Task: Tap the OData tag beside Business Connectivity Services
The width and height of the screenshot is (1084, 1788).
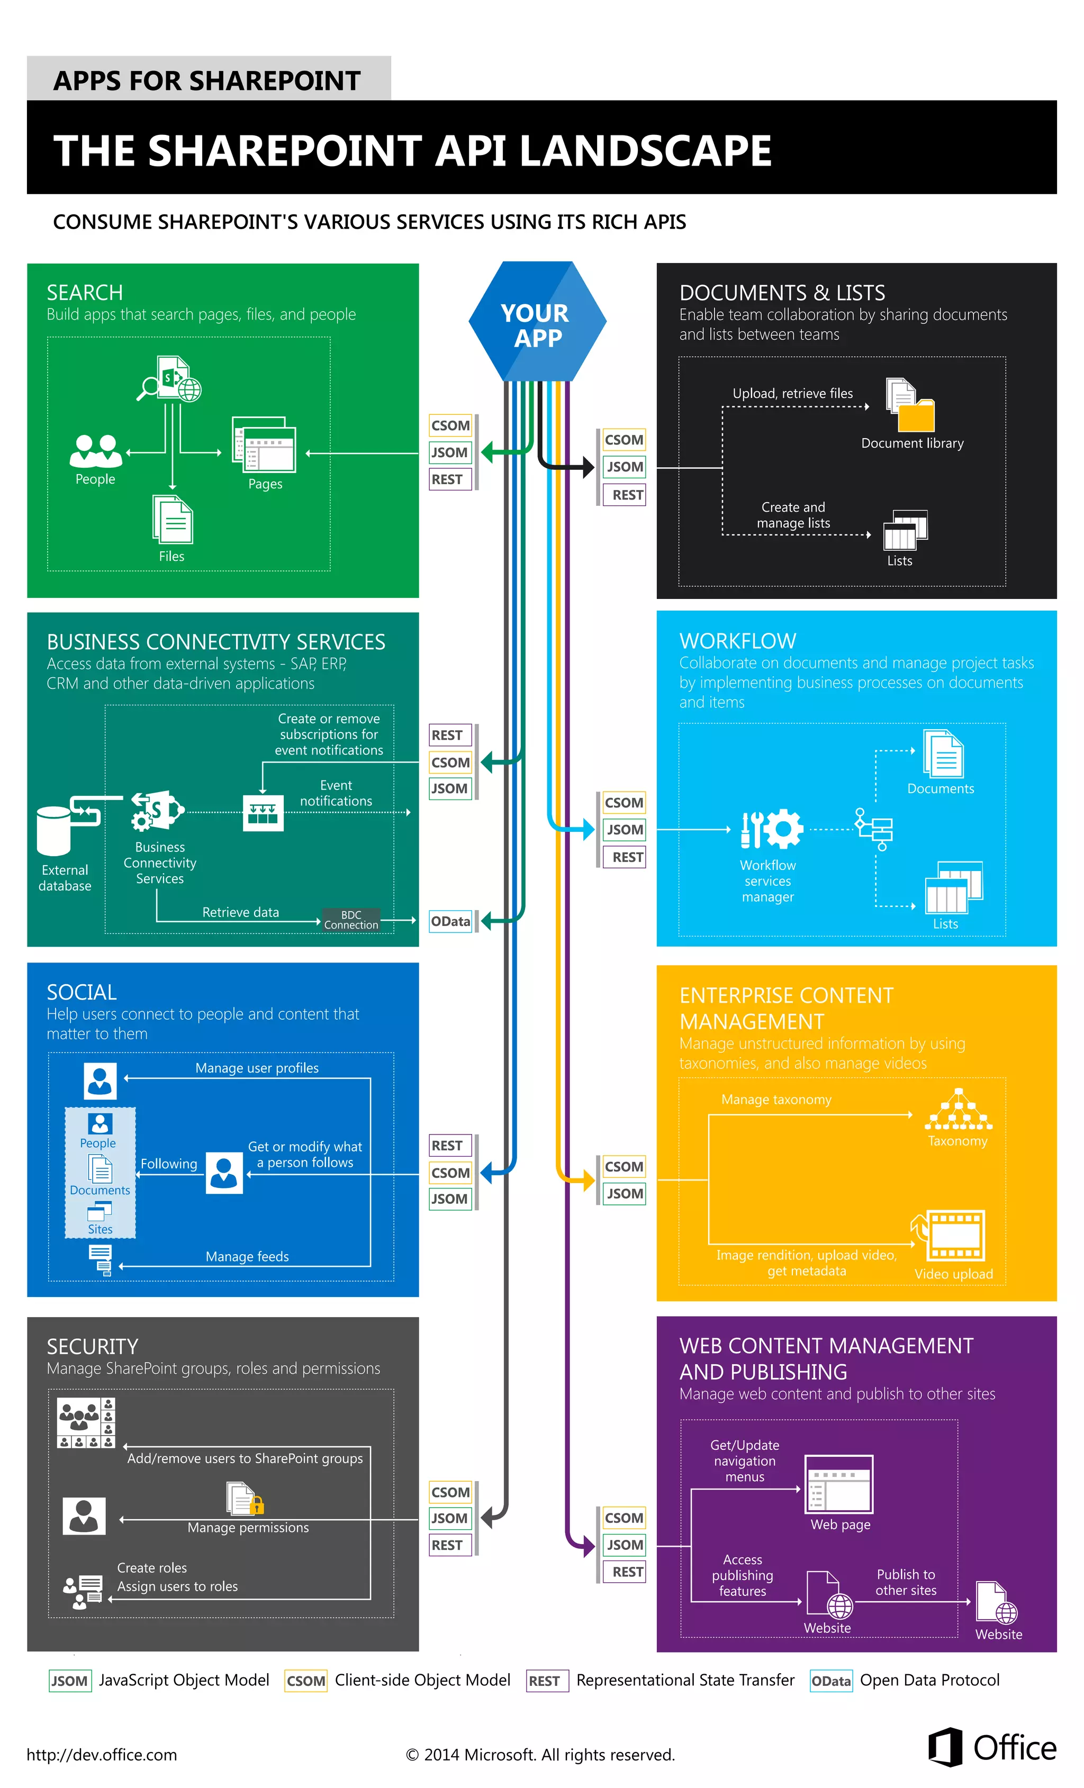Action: click(450, 921)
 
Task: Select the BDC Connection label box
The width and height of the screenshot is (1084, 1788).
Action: click(351, 919)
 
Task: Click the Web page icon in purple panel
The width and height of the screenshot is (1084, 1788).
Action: click(839, 1484)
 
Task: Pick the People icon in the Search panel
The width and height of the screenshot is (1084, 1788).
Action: click(95, 451)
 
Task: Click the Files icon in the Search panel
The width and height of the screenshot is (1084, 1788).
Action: click(172, 520)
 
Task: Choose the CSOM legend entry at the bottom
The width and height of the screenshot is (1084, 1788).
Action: click(306, 1681)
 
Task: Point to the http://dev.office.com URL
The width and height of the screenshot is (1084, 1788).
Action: click(102, 1755)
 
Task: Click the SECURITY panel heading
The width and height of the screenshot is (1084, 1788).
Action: click(92, 1347)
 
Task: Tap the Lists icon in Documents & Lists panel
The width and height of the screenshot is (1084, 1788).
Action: click(905, 530)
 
